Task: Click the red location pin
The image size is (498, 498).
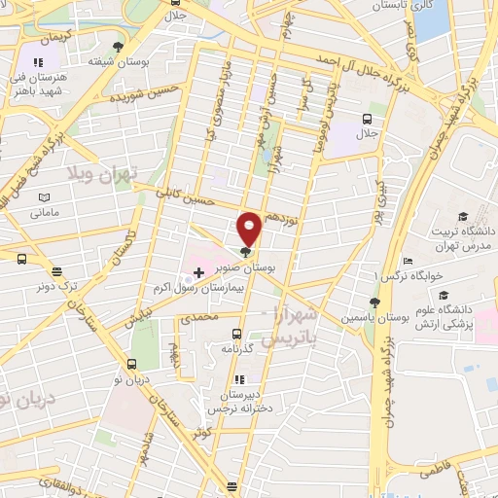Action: [250, 229]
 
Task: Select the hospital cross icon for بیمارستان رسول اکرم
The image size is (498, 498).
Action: [198, 273]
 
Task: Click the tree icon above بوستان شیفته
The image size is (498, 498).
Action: [119, 46]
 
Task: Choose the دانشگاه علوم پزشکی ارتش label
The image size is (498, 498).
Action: [456, 317]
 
